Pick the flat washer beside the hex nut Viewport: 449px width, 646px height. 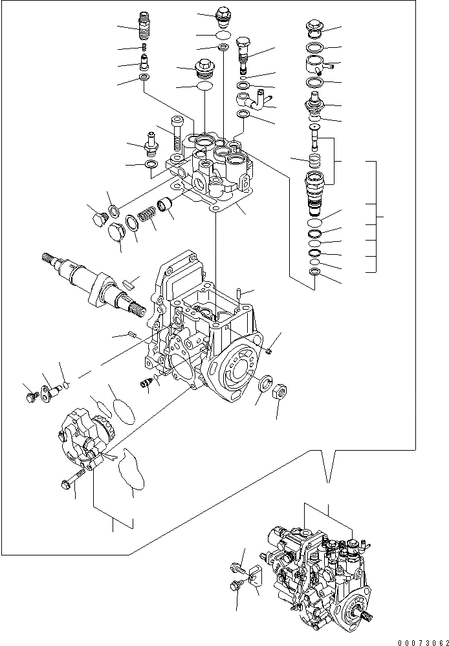point(263,383)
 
